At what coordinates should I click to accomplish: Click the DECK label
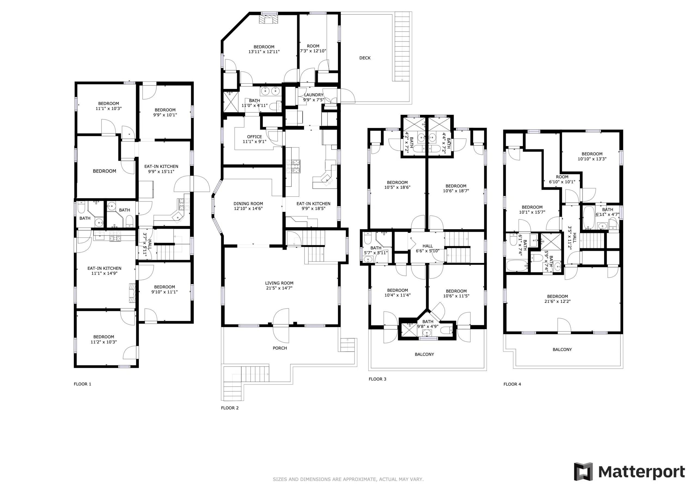coord(365,58)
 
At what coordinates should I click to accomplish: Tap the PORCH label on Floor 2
coord(280,348)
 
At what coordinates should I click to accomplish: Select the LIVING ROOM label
coord(279,283)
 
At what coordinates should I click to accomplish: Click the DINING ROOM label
coord(248,203)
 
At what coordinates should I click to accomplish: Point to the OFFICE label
coord(254,137)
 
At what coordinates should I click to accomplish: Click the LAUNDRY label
coord(314,95)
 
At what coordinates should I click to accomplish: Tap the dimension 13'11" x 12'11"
coord(264,52)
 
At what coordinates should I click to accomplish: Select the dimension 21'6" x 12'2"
coord(557,301)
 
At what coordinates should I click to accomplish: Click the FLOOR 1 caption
coord(82,384)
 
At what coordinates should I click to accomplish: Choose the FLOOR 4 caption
coord(512,384)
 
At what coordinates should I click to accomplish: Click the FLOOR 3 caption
coord(377,379)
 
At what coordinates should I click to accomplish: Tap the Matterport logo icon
coord(583,472)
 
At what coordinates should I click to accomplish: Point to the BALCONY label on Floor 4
coord(562,349)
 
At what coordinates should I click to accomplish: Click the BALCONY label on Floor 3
coord(424,354)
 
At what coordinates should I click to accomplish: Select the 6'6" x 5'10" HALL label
coord(427,248)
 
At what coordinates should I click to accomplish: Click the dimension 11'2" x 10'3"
coord(103,342)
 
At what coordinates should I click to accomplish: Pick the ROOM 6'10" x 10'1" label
coord(562,179)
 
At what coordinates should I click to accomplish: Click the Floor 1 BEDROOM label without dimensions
coord(105,171)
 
